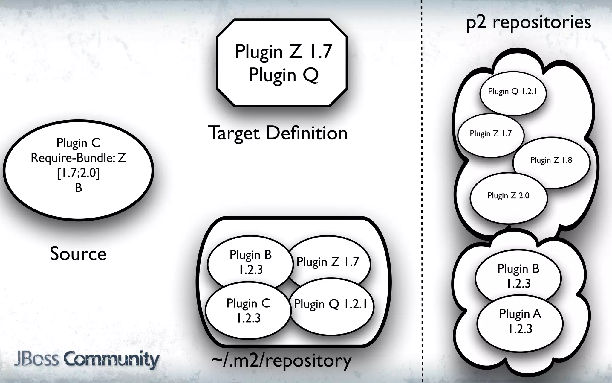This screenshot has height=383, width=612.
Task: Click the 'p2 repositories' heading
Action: click(x=529, y=22)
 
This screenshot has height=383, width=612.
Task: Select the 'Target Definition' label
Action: click(x=278, y=133)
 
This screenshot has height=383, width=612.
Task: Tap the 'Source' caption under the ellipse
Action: click(x=78, y=254)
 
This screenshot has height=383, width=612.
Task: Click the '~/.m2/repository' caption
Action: click(x=281, y=361)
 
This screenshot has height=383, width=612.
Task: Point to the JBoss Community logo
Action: click(x=87, y=360)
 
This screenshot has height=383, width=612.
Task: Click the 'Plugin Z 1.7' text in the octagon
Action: click(x=283, y=51)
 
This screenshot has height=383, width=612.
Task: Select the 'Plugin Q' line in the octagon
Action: click(x=283, y=75)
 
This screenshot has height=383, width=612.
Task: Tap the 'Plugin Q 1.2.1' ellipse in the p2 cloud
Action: click(x=512, y=92)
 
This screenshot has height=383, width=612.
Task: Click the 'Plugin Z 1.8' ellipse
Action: click(x=551, y=160)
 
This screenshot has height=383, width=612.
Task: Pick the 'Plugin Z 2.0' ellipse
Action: click(x=508, y=196)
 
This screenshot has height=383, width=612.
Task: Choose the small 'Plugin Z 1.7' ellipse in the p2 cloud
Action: click(x=490, y=134)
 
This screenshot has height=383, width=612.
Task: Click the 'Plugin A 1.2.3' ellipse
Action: click(x=520, y=321)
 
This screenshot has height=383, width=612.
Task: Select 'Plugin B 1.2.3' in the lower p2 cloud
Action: click(x=518, y=276)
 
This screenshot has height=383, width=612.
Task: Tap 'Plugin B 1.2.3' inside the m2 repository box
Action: click(x=250, y=262)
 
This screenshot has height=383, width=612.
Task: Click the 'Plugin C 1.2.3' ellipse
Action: click(x=248, y=311)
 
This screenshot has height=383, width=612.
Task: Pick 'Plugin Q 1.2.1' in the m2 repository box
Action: click(x=330, y=304)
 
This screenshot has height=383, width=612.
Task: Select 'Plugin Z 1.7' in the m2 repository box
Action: click(x=328, y=262)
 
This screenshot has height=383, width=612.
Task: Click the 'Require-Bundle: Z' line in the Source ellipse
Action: click(x=78, y=158)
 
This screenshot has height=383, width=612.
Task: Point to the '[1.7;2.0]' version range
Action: click(x=78, y=173)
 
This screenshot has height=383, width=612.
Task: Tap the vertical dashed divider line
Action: click(x=422, y=191)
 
